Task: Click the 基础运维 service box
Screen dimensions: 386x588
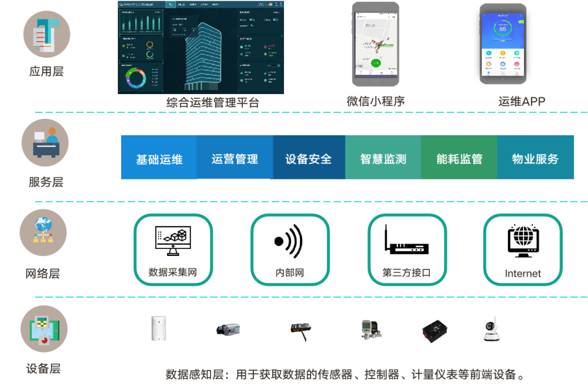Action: pyautogui.click(x=159, y=158)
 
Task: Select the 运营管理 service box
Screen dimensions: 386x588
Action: pyautogui.click(x=235, y=158)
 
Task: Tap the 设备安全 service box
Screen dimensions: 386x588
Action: pyautogui.click(x=309, y=158)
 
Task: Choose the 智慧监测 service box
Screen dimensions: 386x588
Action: pyautogui.click(x=383, y=158)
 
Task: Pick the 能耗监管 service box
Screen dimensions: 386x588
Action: pyautogui.click(x=459, y=158)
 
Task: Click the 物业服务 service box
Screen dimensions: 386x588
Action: pyautogui.click(x=535, y=158)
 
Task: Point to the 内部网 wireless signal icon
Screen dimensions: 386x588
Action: pyautogui.click(x=289, y=241)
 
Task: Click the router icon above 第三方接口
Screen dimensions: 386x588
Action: pyautogui.click(x=406, y=240)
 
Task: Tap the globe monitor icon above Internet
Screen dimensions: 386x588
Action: pyautogui.click(x=522, y=241)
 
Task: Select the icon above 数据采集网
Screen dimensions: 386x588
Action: pyautogui.click(x=172, y=241)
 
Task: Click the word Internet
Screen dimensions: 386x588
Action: pyautogui.click(x=523, y=274)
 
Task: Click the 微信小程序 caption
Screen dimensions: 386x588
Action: pyautogui.click(x=376, y=101)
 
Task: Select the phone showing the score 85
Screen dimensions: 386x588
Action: pyautogui.click(x=503, y=44)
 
